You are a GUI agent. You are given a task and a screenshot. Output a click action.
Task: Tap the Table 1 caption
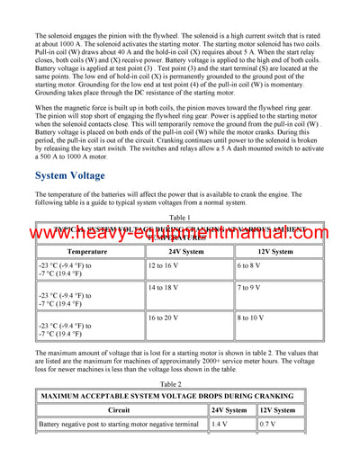[180, 217]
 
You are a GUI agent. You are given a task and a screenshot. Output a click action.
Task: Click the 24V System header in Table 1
[185, 252]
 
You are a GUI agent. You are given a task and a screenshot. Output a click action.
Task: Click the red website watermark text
[180, 236]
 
